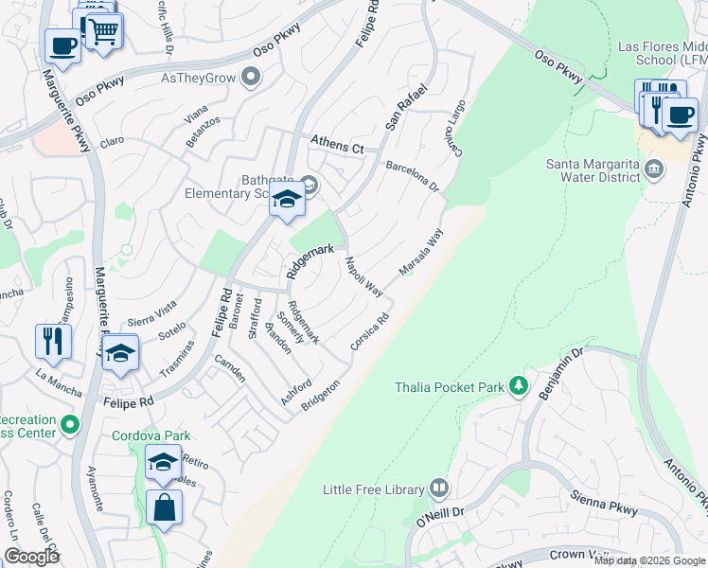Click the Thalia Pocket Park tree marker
coord(518,385)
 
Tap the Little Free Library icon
coord(438,488)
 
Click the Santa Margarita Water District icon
coord(654,169)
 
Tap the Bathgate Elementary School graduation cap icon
coord(287,199)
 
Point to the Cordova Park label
coord(151,435)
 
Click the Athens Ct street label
coord(338,148)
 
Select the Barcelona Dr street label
coord(414,175)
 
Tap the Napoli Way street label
coord(363,276)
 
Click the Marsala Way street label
coord(421,253)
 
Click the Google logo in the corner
coord(31,557)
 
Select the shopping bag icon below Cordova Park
coord(165,505)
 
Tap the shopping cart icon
coord(104,30)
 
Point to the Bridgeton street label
coord(320,396)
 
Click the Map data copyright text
coord(649,560)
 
